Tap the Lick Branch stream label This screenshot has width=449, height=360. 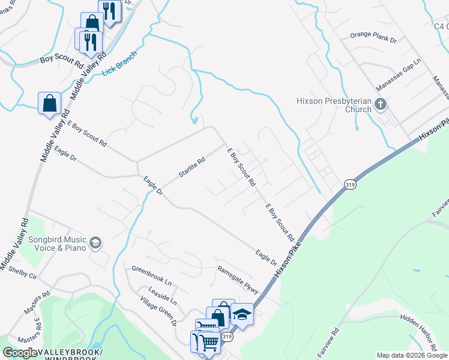119,62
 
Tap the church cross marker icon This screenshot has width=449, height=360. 380,105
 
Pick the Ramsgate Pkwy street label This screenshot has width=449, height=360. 238,280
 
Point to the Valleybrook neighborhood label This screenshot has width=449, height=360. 71,352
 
